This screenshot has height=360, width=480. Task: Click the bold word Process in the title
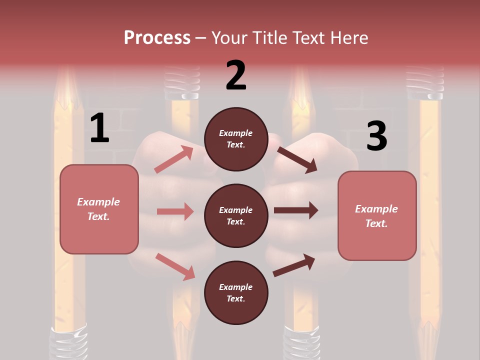[157, 37]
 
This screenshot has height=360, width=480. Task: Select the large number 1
[99, 128]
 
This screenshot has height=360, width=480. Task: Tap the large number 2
[236, 75]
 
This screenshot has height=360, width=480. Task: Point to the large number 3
[376, 135]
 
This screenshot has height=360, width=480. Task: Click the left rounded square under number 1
[99, 209]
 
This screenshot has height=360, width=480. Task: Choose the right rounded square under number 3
[377, 216]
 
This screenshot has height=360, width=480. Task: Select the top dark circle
[236, 139]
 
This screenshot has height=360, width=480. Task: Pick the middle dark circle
[236, 215]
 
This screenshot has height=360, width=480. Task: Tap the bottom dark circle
[236, 292]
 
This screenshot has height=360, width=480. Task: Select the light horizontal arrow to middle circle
[175, 211]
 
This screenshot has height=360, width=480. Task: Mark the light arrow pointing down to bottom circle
[175, 266]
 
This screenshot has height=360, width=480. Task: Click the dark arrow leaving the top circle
[297, 159]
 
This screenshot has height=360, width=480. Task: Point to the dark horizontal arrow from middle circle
[295, 210]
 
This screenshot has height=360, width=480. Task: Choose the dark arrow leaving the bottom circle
[294, 265]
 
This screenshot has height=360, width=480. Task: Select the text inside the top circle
[236, 139]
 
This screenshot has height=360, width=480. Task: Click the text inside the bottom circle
[236, 292]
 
